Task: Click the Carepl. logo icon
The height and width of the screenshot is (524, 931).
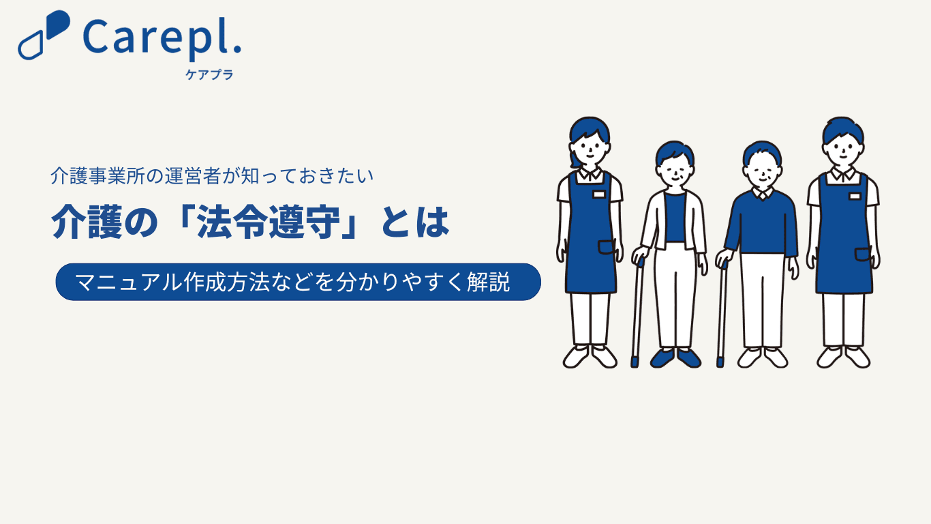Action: tap(44, 35)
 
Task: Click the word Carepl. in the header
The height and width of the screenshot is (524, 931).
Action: tap(162, 39)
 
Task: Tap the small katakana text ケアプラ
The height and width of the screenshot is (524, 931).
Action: tap(209, 74)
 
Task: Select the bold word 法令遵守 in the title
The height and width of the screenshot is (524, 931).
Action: tap(269, 222)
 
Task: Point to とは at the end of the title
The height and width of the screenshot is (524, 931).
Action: tap(415, 222)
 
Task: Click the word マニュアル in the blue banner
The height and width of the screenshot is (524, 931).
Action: tap(129, 282)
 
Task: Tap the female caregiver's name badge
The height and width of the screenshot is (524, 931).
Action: tap(598, 194)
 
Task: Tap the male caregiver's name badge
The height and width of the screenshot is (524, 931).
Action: tap(855, 196)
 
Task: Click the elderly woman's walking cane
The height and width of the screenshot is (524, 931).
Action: tap(637, 312)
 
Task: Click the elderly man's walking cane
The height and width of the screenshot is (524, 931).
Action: tap(722, 315)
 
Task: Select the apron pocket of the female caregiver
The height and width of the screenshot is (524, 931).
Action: tap(606, 247)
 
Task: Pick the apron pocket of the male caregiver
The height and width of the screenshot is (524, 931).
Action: tap(862, 254)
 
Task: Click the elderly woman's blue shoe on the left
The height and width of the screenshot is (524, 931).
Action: tap(662, 358)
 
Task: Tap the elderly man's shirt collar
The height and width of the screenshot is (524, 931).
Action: tap(763, 194)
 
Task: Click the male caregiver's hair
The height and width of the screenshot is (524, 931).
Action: tap(843, 129)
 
